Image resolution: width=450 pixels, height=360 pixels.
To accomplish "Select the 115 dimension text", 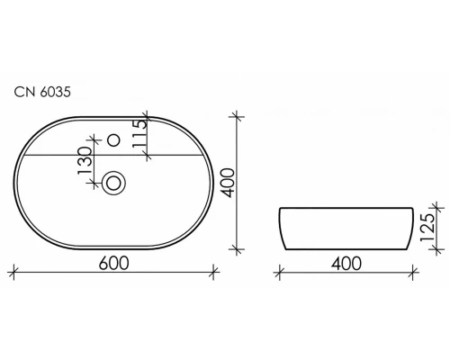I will click(x=139, y=135).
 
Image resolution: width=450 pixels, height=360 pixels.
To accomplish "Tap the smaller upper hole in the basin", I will click(x=114, y=140).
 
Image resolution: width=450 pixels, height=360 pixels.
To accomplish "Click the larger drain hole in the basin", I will click(x=114, y=183).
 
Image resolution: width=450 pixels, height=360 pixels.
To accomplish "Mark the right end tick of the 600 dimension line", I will click(x=212, y=269).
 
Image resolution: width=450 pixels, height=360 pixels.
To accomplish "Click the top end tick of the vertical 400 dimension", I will click(x=238, y=114).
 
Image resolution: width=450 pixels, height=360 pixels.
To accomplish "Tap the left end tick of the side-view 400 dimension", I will click(x=280, y=269).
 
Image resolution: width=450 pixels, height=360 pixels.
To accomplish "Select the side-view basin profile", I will click(x=346, y=229).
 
